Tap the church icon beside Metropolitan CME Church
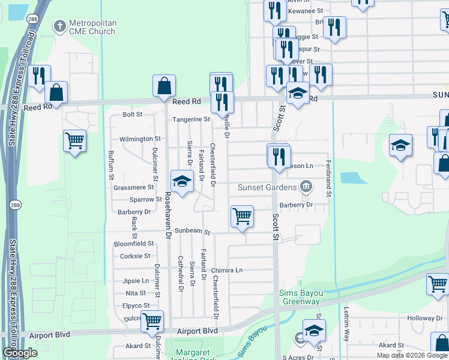pyautogui.click(x=59, y=26)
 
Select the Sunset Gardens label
pyautogui.click(x=267, y=187)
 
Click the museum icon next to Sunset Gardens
pyautogui.click(x=306, y=187)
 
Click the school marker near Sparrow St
pyautogui.click(x=181, y=181)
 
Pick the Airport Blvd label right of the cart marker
pyautogui.click(x=197, y=331)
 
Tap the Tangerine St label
pyautogui.click(x=191, y=119)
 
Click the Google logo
pyautogui.click(x=20, y=353)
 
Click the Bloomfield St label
pyautogui.click(x=134, y=244)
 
